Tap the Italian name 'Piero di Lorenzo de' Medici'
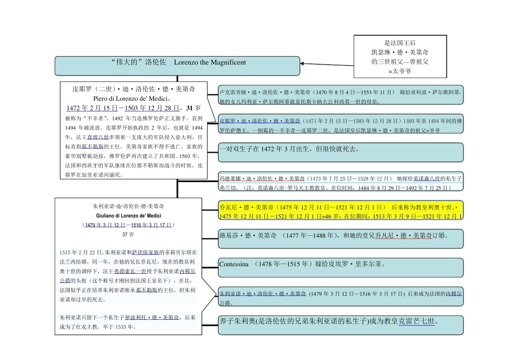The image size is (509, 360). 131,99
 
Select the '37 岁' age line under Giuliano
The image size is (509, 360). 128,235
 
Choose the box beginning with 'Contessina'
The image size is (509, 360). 341,267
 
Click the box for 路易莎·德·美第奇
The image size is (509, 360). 341,238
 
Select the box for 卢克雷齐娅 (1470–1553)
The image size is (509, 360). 341,96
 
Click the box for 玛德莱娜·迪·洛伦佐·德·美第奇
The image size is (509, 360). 341,182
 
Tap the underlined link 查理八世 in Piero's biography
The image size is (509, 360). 98,137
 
